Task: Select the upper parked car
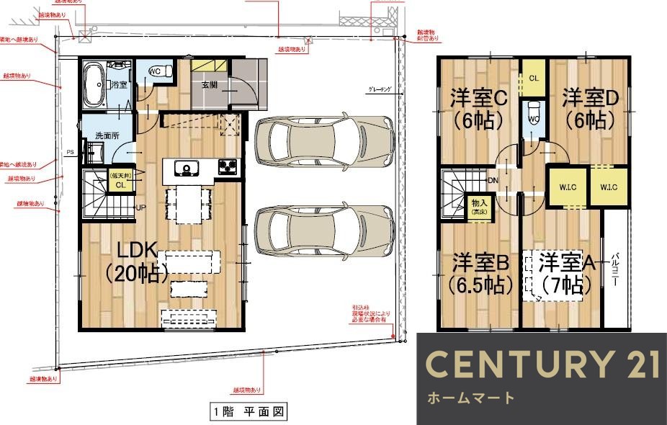[324, 141]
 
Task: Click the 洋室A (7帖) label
[568, 273]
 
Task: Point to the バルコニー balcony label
[617, 270]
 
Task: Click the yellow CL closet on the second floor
[534, 78]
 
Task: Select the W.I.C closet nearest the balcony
[608, 187]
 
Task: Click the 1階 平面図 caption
[249, 413]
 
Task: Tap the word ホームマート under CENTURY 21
[472, 398]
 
